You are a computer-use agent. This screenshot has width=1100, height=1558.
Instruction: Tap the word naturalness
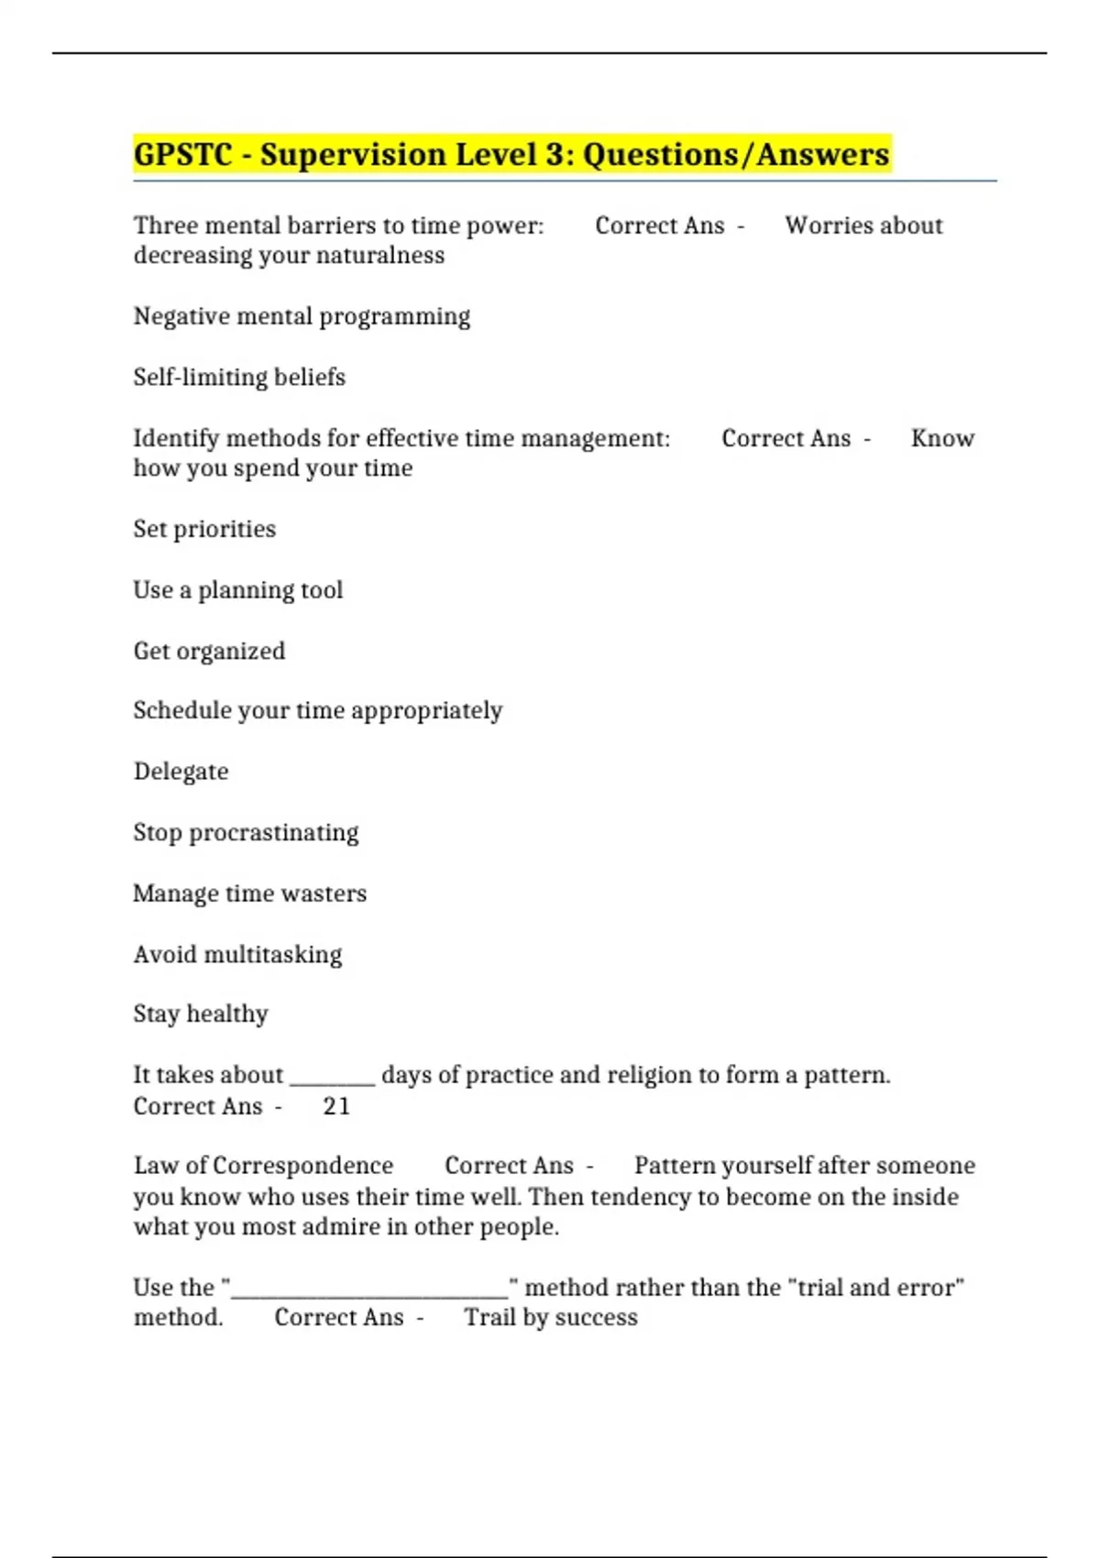pyautogui.click(x=385, y=255)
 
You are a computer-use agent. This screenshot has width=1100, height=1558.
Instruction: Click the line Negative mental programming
pyautogui.click(x=302, y=316)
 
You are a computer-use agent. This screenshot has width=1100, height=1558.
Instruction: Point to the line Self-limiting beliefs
pyautogui.click(x=239, y=377)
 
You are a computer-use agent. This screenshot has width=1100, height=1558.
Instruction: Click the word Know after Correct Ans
pyautogui.click(x=942, y=438)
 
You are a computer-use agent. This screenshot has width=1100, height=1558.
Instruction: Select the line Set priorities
pyautogui.click(x=204, y=529)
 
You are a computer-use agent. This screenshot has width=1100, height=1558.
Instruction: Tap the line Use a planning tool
pyautogui.click(x=238, y=589)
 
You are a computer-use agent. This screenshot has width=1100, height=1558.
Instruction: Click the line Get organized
pyautogui.click(x=209, y=651)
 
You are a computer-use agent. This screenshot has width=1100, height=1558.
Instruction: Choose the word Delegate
pyautogui.click(x=181, y=771)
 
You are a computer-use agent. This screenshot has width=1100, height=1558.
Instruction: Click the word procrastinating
pyautogui.click(x=273, y=832)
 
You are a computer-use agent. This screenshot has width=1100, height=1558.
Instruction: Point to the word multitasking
pyautogui.click(x=272, y=954)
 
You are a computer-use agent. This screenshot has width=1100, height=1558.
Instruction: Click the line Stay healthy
pyautogui.click(x=201, y=1014)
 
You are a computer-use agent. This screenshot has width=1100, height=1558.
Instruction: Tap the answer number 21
pyautogui.click(x=336, y=1106)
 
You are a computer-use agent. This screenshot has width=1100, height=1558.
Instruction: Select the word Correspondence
pyautogui.click(x=302, y=1165)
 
